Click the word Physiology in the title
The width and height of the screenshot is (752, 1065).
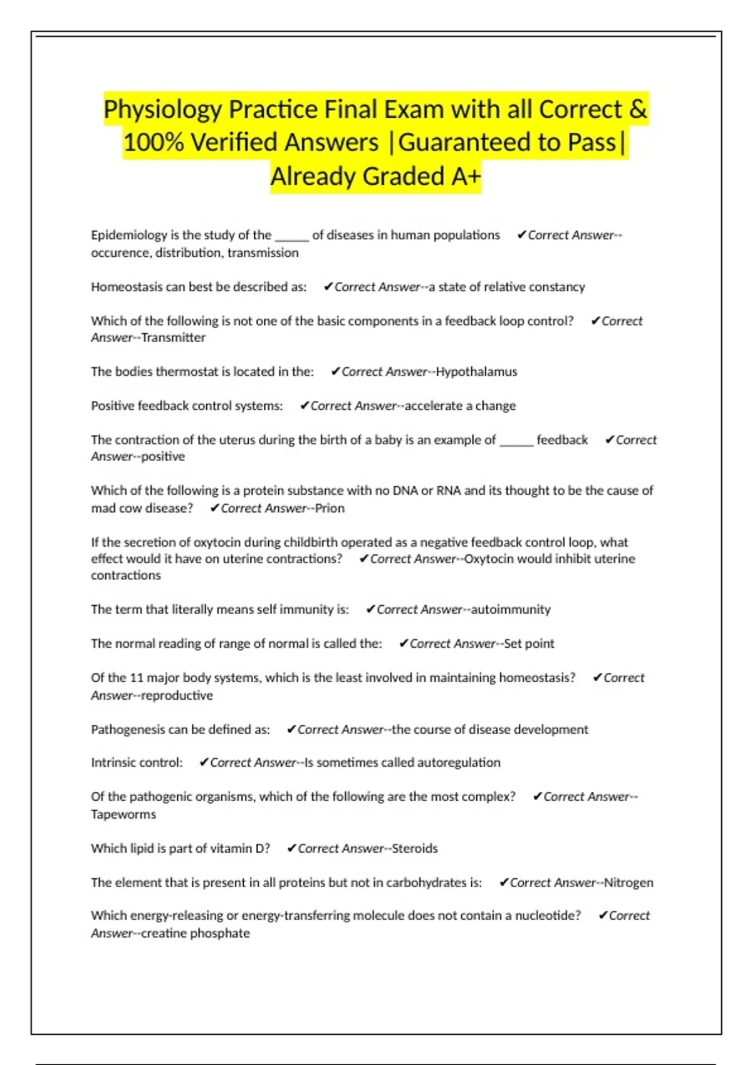162,110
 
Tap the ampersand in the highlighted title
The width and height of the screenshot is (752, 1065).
637,109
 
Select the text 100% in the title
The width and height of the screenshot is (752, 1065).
153,143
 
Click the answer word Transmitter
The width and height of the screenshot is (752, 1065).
174,338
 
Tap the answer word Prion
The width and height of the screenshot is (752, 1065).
330,508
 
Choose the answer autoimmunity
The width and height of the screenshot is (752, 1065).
511,610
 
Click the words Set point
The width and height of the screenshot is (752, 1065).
529,643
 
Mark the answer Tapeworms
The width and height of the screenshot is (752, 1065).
123,814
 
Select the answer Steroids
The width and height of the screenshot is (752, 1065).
414,848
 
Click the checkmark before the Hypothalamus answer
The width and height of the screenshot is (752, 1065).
335,371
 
